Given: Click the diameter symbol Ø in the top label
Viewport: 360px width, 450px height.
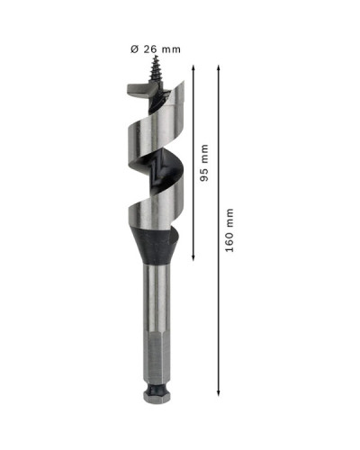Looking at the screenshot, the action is (x=134, y=49).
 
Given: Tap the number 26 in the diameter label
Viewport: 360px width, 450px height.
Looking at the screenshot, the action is (x=150, y=49).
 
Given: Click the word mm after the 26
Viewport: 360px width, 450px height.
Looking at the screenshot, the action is (x=171, y=49).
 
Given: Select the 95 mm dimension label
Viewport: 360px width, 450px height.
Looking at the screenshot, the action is (x=204, y=163).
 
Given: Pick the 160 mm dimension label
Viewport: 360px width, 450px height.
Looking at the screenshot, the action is (x=229, y=230).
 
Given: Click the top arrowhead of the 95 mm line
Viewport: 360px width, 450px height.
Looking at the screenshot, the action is (x=193, y=67).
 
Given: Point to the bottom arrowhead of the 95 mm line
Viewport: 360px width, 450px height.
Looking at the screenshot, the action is (x=193, y=256).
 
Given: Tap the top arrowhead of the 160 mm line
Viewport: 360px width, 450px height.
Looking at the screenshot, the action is (x=219, y=67).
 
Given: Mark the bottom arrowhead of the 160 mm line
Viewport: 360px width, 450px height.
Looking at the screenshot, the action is (x=219, y=392).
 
